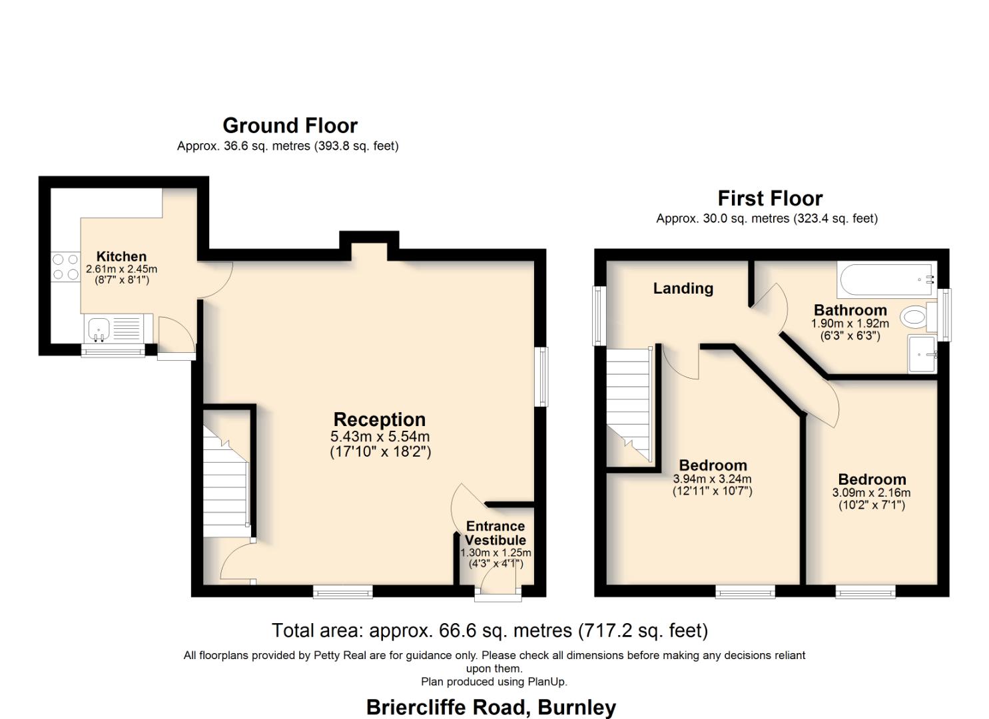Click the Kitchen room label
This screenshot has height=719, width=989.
[x=121, y=256]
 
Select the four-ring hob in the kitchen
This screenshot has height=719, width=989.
[x=65, y=266]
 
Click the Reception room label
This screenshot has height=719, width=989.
[x=379, y=419]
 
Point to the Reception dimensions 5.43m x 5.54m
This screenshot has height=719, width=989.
[x=380, y=437]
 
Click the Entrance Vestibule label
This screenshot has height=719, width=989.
[x=495, y=533]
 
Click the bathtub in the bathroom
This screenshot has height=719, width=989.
[x=886, y=280]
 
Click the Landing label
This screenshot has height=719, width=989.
[x=683, y=288]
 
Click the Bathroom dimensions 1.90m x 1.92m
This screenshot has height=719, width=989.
[x=850, y=324]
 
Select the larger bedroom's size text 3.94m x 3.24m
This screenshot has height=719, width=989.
[x=712, y=479]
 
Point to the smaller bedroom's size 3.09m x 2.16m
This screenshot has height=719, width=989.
[x=871, y=493]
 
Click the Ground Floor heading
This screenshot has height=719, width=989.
[x=290, y=125]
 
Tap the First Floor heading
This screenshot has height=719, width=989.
[x=769, y=198]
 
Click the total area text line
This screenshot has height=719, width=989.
[x=490, y=630]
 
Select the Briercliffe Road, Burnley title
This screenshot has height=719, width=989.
[x=491, y=707]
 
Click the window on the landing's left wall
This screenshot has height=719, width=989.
[x=599, y=316]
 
